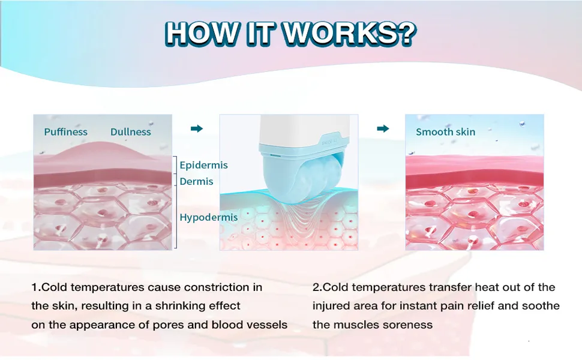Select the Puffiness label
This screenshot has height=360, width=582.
click(x=65, y=132)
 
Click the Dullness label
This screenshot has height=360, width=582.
click(x=130, y=132)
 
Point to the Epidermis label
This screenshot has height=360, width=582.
click(x=203, y=165)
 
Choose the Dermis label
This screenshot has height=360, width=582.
click(x=196, y=181)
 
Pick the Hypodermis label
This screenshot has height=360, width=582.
click(x=208, y=217)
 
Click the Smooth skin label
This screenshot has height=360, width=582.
click(x=445, y=132)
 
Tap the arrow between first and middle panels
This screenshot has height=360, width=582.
click(x=196, y=128)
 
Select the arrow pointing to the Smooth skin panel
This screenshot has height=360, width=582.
click(x=382, y=128)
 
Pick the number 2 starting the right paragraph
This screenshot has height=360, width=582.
click(x=316, y=287)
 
